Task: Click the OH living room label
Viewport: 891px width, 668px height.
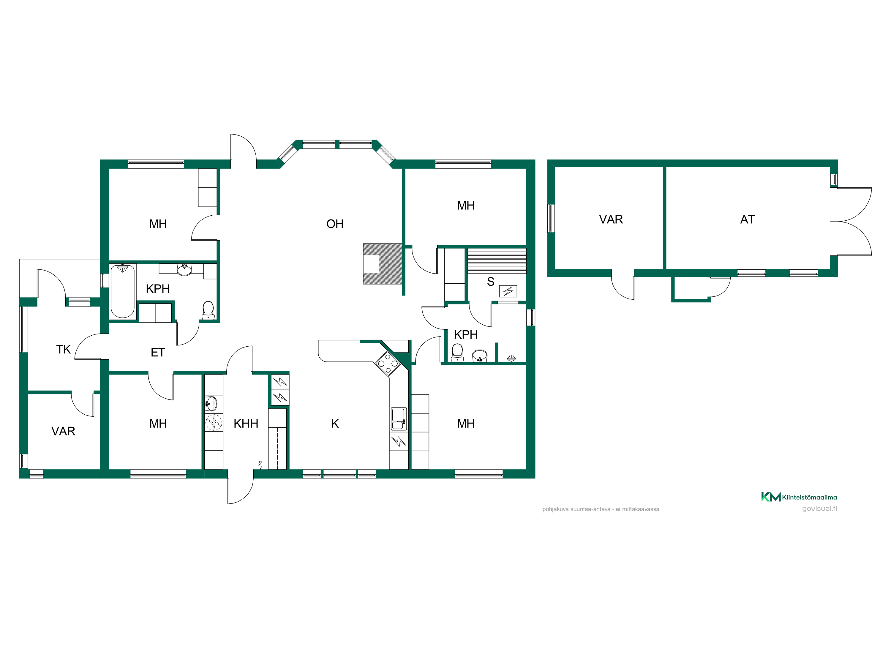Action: click(x=335, y=224)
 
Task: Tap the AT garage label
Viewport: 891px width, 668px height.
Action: click(x=747, y=219)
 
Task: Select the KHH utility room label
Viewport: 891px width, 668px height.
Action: click(x=246, y=424)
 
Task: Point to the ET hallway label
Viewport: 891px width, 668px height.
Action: click(x=157, y=353)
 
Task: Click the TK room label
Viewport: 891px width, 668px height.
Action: click(x=63, y=350)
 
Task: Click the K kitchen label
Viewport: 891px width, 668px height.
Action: click(x=335, y=424)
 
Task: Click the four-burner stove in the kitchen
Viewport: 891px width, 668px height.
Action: click(x=388, y=364)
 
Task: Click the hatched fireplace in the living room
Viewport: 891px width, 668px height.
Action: click(x=382, y=264)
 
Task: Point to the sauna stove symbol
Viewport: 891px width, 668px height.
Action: click(x=508, y=291)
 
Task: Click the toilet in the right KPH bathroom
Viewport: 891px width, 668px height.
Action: click(x=457, y=353)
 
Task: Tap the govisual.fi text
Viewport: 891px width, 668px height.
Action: click(x=819, y=509)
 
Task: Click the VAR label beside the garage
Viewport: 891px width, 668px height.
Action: click(x=611, y=219)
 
